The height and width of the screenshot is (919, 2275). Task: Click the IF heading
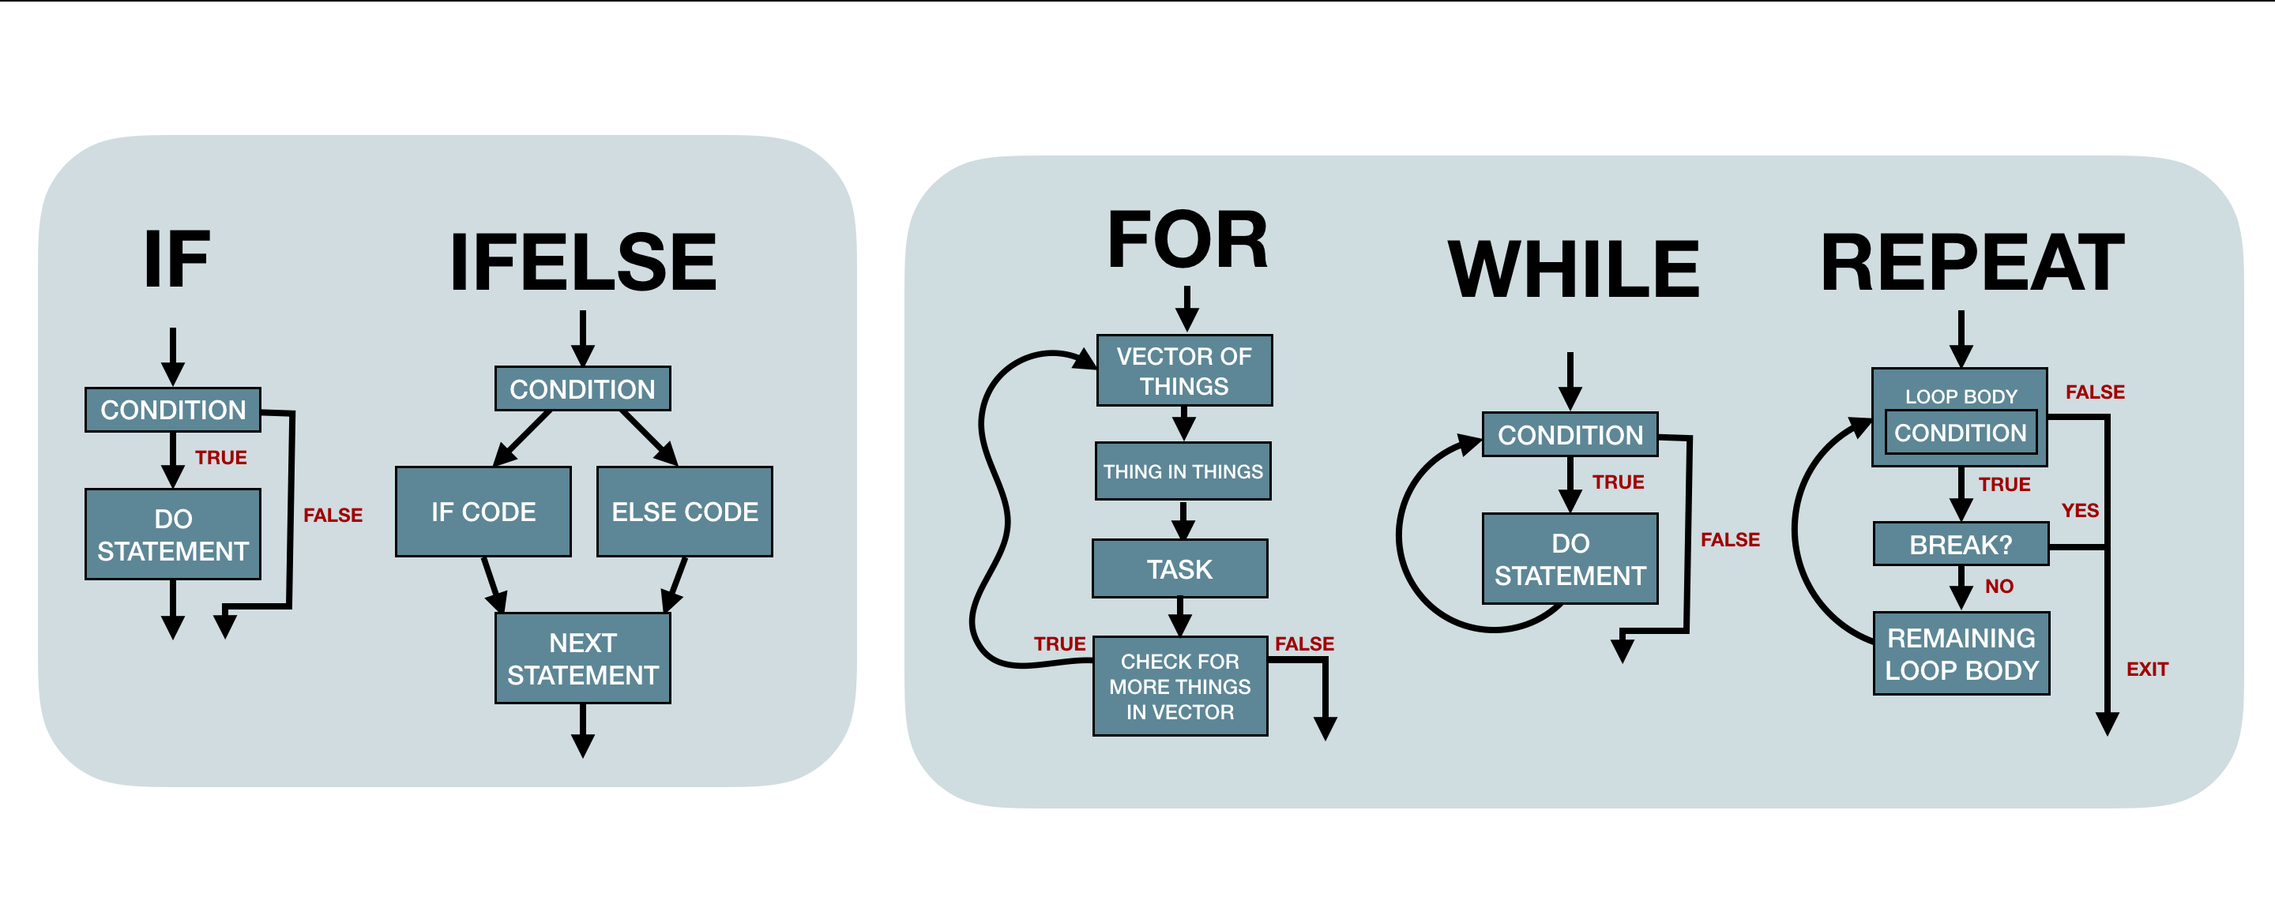pos(177,260)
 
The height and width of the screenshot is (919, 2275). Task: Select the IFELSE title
pos(583,263)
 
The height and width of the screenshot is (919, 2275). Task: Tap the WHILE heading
pos(1574,270)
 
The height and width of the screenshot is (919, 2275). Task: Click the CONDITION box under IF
pos(173,410)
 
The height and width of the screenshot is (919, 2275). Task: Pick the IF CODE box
pos(483,512)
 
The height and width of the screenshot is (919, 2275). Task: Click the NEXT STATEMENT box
pos(583,658)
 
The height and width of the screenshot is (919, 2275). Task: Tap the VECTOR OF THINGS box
pos(1184,371)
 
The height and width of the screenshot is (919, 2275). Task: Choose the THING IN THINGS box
pos(1183,471)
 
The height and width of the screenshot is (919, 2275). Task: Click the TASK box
pos(1180,569)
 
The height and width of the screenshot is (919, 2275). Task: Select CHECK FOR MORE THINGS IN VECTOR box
pos(1180,687)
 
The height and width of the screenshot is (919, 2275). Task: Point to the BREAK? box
pos(1961,545)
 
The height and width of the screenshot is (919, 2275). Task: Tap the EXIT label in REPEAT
pos(2147,670)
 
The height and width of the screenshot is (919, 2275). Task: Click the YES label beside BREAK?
pos(2080,510)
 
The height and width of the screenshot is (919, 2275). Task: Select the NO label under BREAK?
pos(1999,586)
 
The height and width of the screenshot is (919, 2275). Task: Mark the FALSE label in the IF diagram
pos(333,515)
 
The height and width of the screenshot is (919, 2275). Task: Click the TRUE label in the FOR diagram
pos(1060,643)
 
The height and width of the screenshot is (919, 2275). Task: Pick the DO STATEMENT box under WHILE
pos(1570,559)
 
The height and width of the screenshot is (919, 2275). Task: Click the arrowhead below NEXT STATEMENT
pos(583,746)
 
